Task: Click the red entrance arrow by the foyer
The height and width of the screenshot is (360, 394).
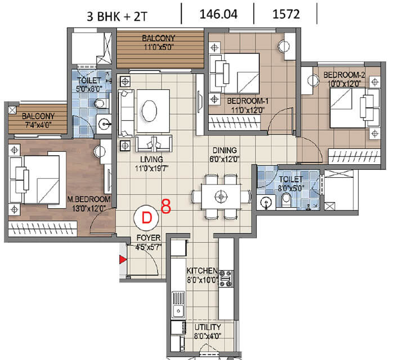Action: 123,259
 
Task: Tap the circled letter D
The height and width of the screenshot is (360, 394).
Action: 146,218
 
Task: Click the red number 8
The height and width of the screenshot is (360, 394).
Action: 166,206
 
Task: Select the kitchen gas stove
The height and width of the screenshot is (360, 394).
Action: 226,278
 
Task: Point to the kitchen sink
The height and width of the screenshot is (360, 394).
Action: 178,304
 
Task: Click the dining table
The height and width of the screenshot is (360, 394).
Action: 221,196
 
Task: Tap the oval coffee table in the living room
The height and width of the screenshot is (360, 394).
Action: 150,111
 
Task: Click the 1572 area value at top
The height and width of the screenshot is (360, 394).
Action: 286,14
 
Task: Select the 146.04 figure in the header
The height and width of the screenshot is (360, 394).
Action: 218,14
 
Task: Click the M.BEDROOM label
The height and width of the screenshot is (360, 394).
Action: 89,200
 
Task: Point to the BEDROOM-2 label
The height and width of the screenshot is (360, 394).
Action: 344,75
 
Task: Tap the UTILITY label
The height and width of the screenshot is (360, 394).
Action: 208,327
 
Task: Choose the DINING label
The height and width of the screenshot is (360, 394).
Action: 225,150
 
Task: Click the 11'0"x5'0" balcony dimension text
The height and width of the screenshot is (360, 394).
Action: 159,47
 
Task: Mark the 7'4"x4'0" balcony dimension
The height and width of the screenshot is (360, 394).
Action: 38,124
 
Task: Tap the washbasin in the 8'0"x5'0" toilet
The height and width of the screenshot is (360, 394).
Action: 266,202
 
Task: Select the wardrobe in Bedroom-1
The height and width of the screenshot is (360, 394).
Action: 235,123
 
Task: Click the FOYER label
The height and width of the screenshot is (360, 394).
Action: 148,238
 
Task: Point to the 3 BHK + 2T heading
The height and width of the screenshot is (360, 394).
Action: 117,16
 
